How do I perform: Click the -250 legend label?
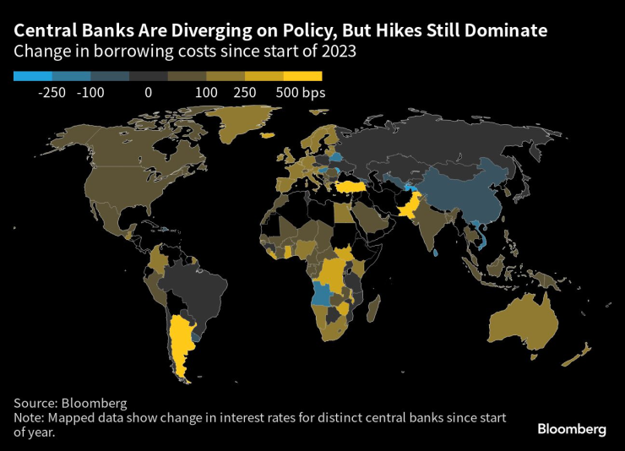(52, 93)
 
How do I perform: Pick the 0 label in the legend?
(148, 93)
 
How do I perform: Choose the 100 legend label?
(207, 93)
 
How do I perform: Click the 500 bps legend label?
(300, 93)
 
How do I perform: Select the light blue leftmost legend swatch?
(33, 76)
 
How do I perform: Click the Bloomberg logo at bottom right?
(571, 429)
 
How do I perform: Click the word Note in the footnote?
(29, 417)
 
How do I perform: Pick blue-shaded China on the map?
(460, 199)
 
